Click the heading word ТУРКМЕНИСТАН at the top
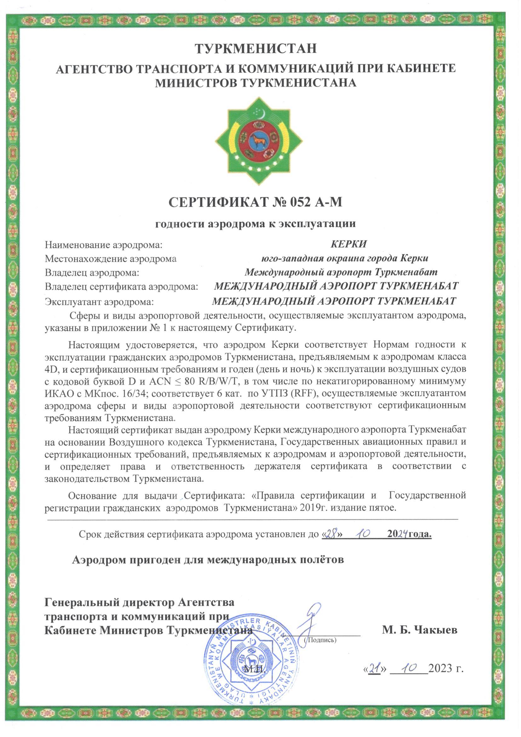[x=256, y=48]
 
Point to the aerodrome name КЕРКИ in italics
[x=348, y=244]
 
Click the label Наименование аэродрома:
[x=103, y=246]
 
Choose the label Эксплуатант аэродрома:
[x=100, y=302]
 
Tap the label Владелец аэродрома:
[x=93, y=273]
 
